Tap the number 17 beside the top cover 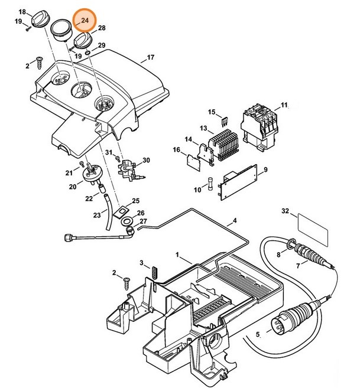tap(150, 58)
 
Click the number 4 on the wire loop tap(235, 221)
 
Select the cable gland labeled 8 tap(291, 242)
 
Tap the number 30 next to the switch tap(146, 160)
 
